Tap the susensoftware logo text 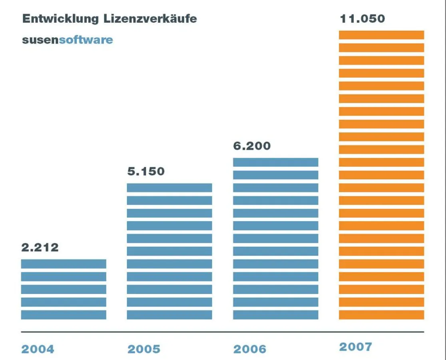[67, 40]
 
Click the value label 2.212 [40, 247]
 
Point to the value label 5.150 [146, 172]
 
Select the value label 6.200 [252, 146]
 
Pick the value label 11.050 [362, 19]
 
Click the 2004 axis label [37, 349]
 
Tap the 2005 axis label [143, 349]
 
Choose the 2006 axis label [250, 349]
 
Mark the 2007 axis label [356, 346]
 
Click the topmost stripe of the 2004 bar [64, 264]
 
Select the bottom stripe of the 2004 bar [64, 315]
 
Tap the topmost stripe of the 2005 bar [169, 188]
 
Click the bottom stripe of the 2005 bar [169, 315]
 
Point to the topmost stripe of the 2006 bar [276, 162]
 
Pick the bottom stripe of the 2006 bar [276, 315]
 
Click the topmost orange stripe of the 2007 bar [381, 35]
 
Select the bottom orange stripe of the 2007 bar [381, 315]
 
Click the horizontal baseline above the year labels [222, 332]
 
